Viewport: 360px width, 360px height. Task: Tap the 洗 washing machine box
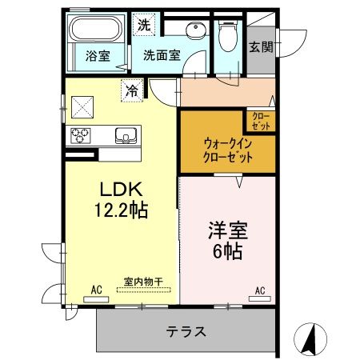click(143, 25)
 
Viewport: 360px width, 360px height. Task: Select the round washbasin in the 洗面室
click(194, 31)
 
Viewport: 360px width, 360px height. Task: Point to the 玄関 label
click(259, 46)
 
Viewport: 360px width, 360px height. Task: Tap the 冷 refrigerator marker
click(131, 90)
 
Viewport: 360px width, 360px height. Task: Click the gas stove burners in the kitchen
click(82, 134)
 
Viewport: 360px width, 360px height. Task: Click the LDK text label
click(121, 190)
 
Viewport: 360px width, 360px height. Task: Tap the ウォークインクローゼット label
click(228, 150)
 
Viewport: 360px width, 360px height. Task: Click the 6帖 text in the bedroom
click(227, 250)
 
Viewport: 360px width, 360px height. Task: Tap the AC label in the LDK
click(96, 289)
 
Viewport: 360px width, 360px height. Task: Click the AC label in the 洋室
click(260, 289)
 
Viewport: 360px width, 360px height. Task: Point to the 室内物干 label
click(143, 282)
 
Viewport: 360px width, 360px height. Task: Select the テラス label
click(186, 331)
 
